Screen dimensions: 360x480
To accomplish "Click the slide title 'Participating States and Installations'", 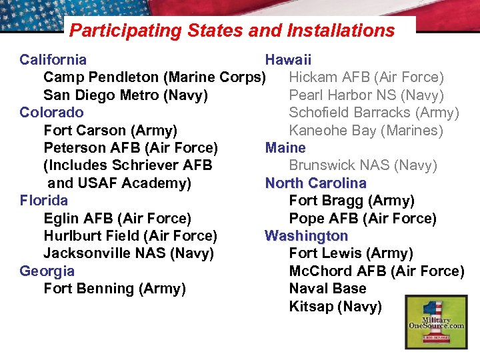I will click(x=232, y=31).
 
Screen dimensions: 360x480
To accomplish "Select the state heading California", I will click(x=53, y=60).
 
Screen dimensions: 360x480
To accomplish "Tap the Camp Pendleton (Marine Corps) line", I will click(x=155, y=77).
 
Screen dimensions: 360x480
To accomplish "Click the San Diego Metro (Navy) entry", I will click(x=125, y=95).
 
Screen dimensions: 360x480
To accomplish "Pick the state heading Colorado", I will click(x=52, y=113).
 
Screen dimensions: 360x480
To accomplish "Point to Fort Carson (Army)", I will click(x=110, y=131).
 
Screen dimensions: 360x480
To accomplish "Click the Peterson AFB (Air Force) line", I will click(x=131, y=148).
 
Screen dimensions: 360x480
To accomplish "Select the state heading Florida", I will click(x=44, y=201).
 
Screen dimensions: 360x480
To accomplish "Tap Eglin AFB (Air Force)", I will click(x=117, y=219).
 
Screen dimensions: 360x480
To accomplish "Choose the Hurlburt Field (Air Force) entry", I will click(x=130, y=236).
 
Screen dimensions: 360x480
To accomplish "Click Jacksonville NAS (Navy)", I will click(x=129, y=253).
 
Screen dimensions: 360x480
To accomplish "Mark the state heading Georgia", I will click(x=47, y=271).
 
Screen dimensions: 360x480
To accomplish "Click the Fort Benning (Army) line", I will click(x=115, y=289).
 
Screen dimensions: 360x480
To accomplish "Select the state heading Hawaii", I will click(x=288, y=60).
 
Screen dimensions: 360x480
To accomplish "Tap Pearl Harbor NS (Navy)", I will click(x=366, y=95).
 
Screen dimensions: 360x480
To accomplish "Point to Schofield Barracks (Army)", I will click(x=374, y=113).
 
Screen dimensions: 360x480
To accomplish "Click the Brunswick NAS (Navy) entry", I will click(x=363, y=165).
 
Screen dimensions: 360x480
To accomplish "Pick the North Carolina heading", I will click(x=316, y=183).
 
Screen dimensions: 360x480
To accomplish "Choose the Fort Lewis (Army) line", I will click(x=351, y=253).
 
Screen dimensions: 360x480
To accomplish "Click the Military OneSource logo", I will click(x=437, y=322).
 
